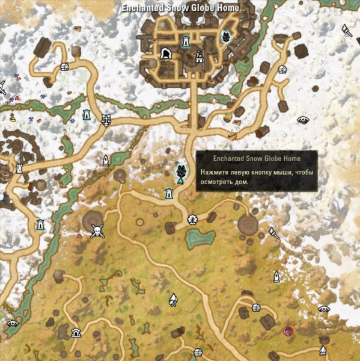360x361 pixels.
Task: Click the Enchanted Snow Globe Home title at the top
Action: (180, 8)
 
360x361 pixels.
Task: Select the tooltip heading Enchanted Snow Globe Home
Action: (257, 158)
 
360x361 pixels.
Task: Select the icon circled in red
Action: (288, 332)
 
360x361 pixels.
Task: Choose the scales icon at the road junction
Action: (106, 120)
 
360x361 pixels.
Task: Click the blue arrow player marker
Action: (180, 180)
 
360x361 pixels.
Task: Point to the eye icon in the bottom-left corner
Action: (12, 323)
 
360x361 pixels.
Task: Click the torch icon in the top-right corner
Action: (347, 29)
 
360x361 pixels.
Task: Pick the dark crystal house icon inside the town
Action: (226, 37)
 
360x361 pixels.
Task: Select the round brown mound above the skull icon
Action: (93, 218)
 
